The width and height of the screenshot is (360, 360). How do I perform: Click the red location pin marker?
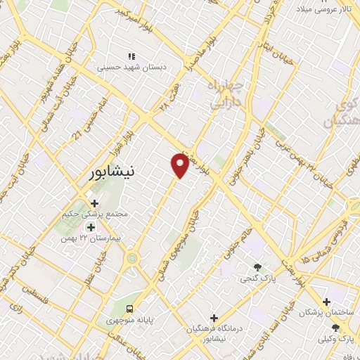[180, 164]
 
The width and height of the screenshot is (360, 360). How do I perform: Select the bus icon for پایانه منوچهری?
[129, 309]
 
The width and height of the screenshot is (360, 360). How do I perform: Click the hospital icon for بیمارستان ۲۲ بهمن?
[90, 227]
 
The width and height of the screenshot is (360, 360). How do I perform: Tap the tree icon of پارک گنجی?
[257, 267]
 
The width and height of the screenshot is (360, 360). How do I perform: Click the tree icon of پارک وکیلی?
[335, 328]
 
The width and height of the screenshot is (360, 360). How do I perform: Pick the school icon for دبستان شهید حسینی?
[130, 56]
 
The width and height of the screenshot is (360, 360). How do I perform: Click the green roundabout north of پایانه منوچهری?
[131, 259]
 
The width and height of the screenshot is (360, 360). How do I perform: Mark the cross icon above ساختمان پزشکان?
[326, 301]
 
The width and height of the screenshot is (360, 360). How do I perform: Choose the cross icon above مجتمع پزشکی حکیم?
[94, 203]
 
